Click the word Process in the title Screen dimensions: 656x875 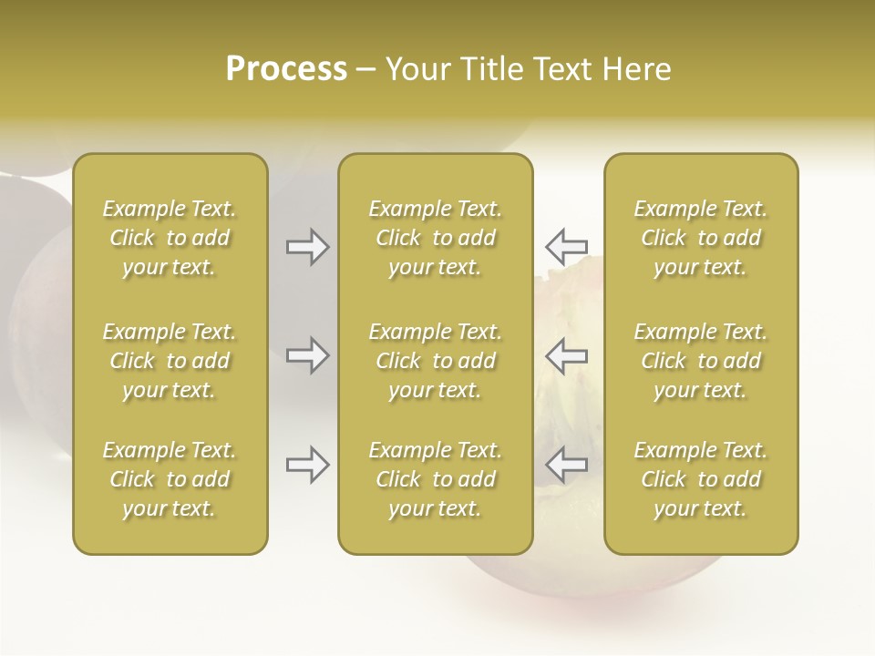(x=286, y=69)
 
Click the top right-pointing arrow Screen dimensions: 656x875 (x=308, y=247)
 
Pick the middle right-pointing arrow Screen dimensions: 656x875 (x=308, y=355)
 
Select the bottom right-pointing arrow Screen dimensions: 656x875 (x=308, y=465)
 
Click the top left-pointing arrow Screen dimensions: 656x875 (x=566, y=247)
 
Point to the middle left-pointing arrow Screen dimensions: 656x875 (x=566, y=355)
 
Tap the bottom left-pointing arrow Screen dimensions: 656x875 (x=566, y=465)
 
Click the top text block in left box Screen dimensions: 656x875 (x=170, y=238)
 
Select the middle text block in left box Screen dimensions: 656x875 (x=170, y=361)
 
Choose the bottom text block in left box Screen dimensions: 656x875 (x=170, y=479)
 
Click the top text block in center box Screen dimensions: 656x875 (x=435, y=238)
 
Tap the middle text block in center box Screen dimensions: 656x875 (x=435, y=361)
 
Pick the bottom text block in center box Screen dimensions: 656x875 (x=435, y=479)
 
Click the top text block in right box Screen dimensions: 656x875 (x=700, y=238)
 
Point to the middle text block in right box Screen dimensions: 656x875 (x=700, y=361)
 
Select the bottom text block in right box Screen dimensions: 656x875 (x=700, y=479)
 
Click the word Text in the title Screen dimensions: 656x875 (x=560, y=69)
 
